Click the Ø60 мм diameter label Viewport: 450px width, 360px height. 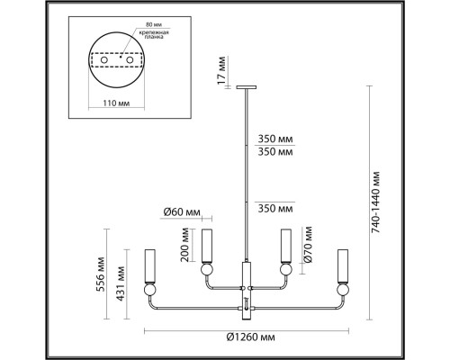point(181,212)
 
